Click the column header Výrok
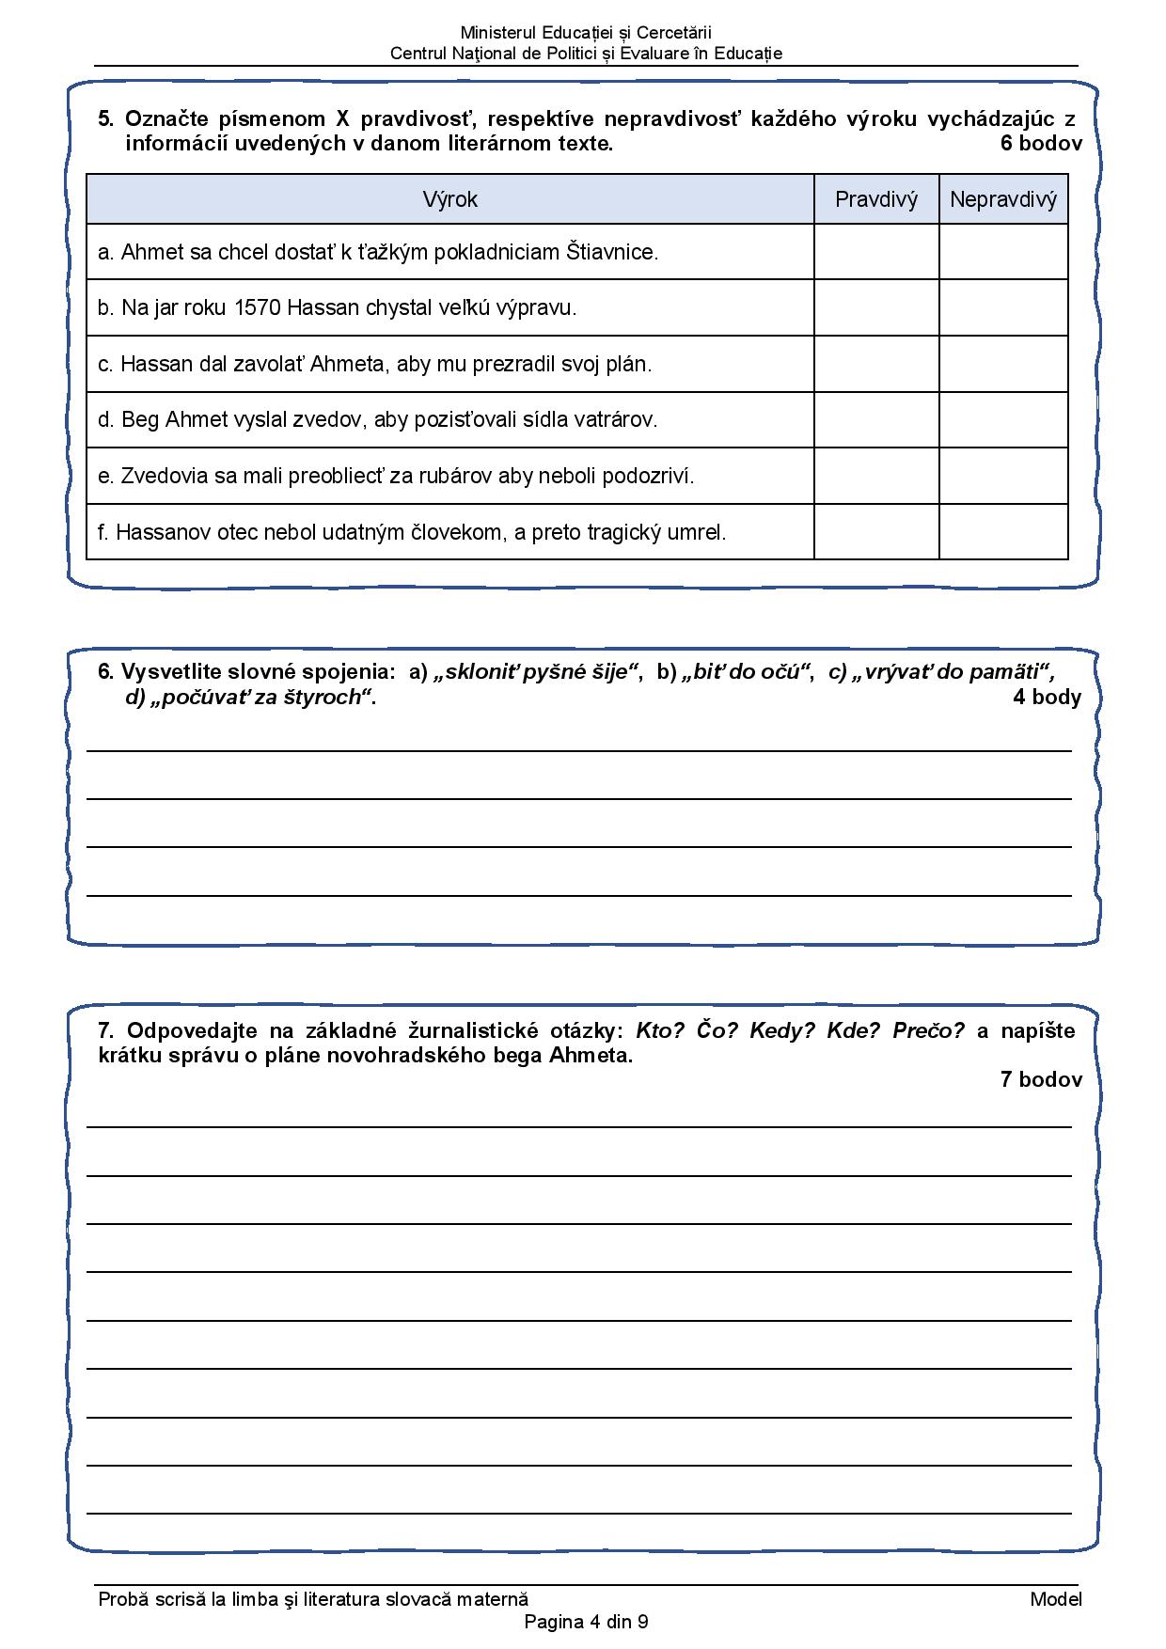449,199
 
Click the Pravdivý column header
875,199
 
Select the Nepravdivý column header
1003,199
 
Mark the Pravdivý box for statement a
875,252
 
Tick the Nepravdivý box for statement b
1003,307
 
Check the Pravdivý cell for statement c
875,364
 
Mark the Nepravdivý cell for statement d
1003,419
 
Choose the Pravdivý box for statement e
875,476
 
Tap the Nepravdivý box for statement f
1003,532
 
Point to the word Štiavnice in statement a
611,252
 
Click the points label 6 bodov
1041,144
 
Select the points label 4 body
1047,697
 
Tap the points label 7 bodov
1041,1079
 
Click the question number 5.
106,119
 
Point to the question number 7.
106,1030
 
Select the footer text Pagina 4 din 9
586,1622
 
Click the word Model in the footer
1056,1599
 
